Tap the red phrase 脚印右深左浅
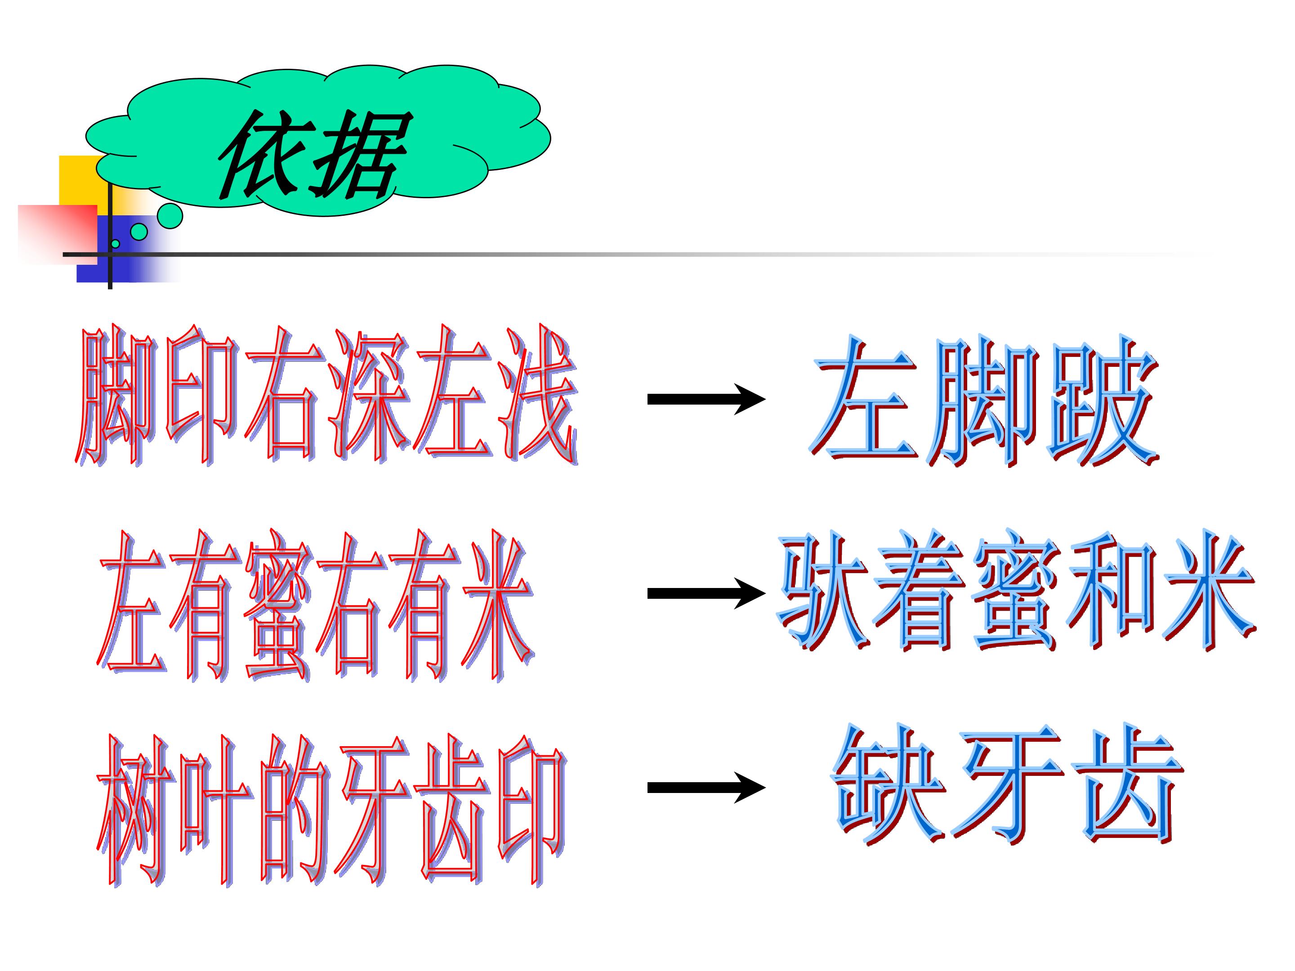click(326, 396)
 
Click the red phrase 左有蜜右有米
click(316, 605)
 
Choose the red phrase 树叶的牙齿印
click(331, 811)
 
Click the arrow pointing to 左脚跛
click(706, 399)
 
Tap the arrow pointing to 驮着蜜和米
click(706, 593)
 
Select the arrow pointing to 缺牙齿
click(706, 788)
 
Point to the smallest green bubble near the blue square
click(115, 244)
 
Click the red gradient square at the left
click(58, 234)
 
